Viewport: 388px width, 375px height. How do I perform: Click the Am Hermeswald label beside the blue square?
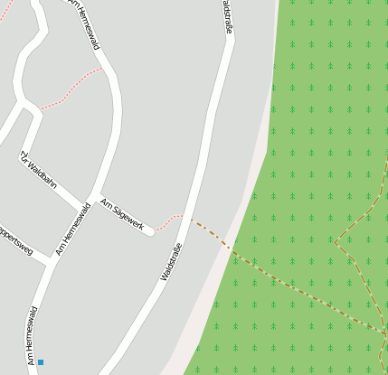[x=32, y=336]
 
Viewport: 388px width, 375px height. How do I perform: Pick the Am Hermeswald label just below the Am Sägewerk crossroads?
[x=73, y=229]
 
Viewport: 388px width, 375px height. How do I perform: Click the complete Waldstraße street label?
[x=172, y=261]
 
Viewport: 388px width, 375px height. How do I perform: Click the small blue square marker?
[x=40, y=362]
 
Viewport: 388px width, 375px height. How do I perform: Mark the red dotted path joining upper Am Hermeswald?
[x=71, y=88]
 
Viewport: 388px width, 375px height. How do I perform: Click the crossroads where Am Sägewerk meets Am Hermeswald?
[x=90, y=200]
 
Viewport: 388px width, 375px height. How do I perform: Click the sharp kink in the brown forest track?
[x=336, y=242]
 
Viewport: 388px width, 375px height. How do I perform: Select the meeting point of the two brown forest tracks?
[x=384, y=333]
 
